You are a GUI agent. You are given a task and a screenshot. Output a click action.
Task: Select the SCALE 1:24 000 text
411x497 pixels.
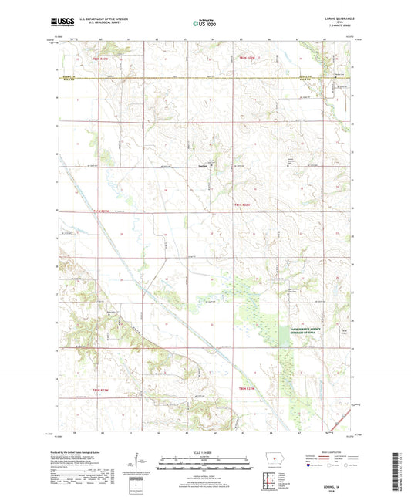pos(205,452)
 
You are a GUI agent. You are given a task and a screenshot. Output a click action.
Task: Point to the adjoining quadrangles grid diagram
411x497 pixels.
pos(269,481)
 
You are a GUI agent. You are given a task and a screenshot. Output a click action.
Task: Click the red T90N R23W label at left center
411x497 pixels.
pos(103,211)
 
